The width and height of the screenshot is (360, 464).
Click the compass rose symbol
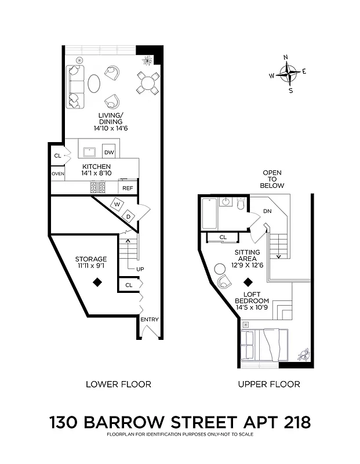click(x=288, y=74)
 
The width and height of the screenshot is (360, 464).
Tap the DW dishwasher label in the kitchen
click(x=109, y=153)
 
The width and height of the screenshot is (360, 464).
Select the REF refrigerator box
click(x=128, y=188)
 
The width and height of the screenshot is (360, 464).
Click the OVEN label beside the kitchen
click(x=57, y=173)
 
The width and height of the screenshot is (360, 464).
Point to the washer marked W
click(x=117, y=205)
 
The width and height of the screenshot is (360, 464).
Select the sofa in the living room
click(x=74, y=87)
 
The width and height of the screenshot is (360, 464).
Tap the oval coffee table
click(x=93, y=83)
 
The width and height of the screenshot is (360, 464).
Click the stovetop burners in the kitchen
click(x=97, y=187)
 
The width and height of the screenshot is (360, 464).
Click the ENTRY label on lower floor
click(x=149, y=320)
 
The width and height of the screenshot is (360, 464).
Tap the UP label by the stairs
click(x=140, y=269)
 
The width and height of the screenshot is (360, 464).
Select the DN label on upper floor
click(x=267, y=211)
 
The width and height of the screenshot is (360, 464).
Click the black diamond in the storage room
click(x=98, y=282)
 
